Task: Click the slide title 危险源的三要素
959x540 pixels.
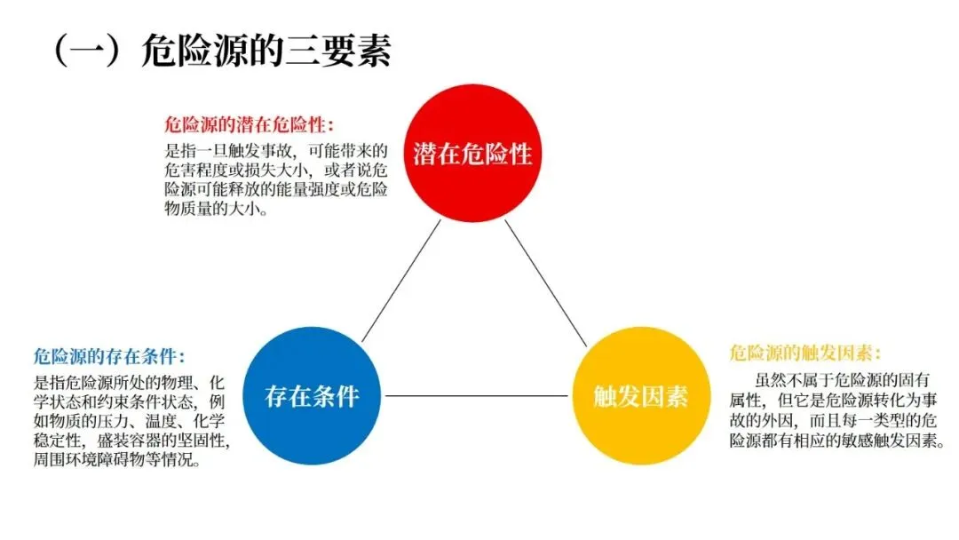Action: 266,52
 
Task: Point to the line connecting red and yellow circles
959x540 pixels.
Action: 546,282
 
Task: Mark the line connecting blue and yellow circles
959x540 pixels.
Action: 474,396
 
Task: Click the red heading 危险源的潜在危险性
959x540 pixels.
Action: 250,126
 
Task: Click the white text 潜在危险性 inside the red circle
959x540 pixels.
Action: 472,154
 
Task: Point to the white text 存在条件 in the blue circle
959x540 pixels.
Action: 311,396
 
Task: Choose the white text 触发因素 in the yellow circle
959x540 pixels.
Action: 640,396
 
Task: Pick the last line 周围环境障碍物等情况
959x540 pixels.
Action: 116,461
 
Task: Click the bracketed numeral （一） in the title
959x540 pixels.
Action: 86,52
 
